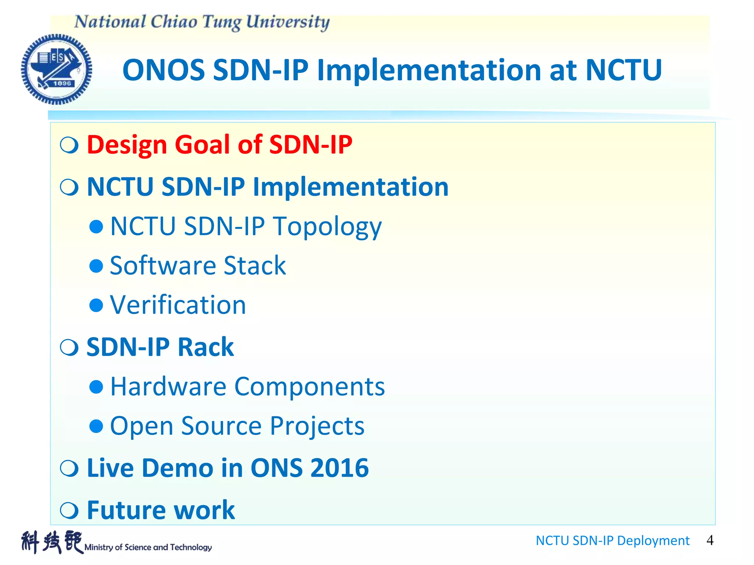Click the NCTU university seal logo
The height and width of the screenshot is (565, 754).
(x=56, y=69)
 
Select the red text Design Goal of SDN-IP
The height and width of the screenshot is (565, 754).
(x=219, y=145)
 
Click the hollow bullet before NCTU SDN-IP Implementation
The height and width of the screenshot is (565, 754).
(x=69, y=187)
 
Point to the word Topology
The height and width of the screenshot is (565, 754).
(x=327, y=226)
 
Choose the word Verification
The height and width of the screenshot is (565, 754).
(x=178, y=305)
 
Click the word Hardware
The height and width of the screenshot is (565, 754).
(x=168, y=387)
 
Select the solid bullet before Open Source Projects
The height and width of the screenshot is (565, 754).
(x=96, y=426)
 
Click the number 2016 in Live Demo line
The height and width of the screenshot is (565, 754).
(x=339, y=468)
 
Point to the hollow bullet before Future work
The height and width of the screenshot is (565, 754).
(x=69, y=510)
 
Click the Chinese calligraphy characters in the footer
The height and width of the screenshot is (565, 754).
(x=52, y=542)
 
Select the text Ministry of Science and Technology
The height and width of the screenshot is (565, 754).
(x=148, y=547)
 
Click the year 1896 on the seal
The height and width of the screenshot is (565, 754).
(x=62, y=83)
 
